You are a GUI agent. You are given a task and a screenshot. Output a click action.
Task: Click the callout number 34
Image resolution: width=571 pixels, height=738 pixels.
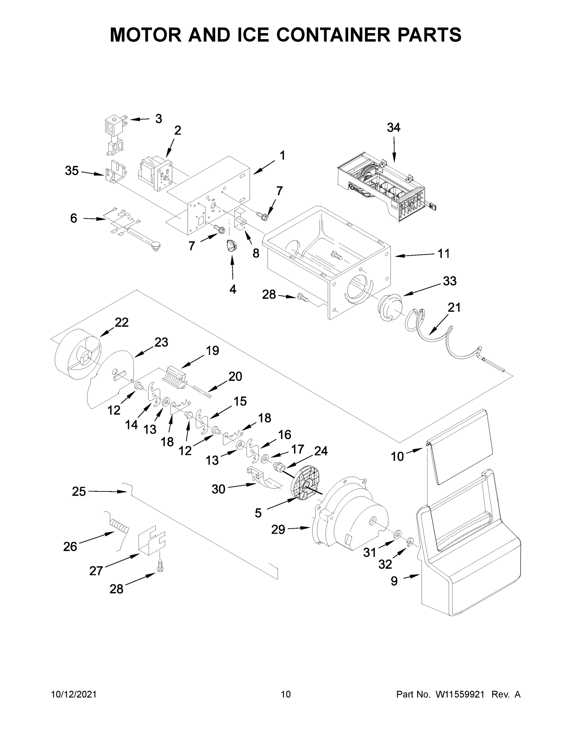point(393,128)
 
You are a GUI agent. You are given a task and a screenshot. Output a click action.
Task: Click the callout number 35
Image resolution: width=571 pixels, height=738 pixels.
point(72,171)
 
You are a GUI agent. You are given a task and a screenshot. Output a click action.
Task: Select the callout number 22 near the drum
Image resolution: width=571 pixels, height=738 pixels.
point(122,322)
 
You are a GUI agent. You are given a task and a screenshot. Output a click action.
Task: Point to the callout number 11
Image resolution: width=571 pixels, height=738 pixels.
point(444,253)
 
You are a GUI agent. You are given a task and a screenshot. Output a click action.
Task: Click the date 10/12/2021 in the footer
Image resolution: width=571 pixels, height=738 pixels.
point(74,694)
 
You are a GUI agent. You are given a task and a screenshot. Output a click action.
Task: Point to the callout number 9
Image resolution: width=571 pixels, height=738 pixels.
point(394,581)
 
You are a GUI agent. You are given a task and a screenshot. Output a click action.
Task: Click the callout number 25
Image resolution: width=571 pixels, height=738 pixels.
point(78,491)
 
